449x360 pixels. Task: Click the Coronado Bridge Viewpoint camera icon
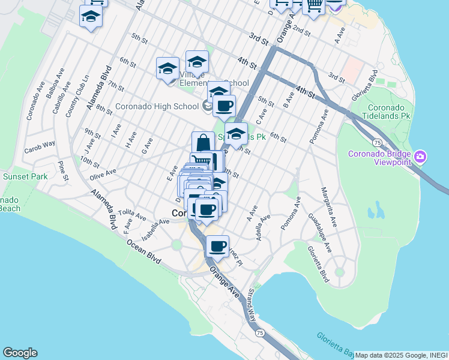420,158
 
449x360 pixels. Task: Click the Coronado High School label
157,106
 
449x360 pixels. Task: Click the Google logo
20,353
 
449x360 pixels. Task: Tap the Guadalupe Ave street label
320,232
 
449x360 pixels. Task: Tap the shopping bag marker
203,143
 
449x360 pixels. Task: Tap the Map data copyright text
401,355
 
